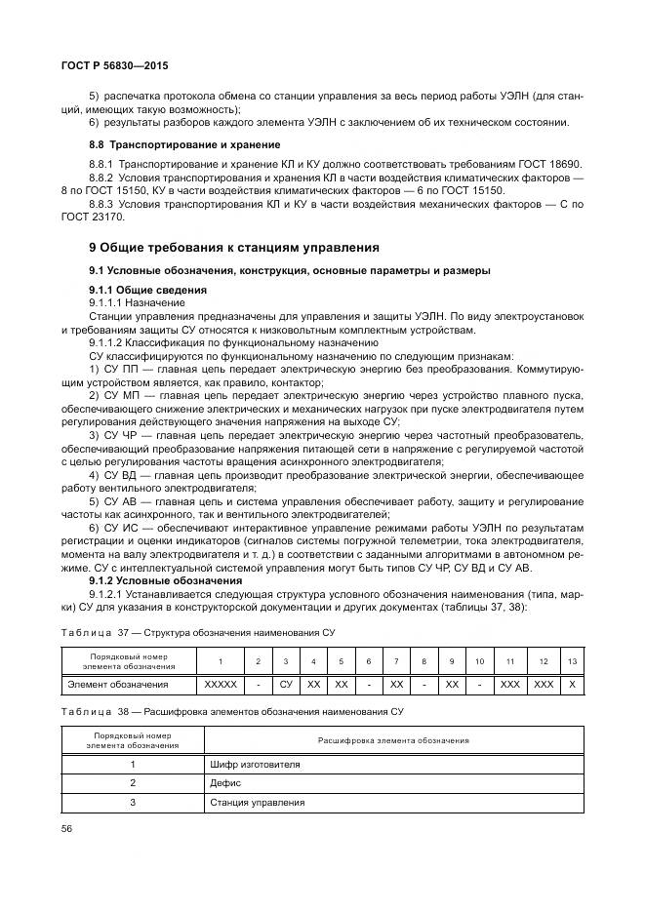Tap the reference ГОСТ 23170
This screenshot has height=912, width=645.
click(93, 218)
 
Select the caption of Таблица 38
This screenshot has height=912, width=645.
click(230, 712)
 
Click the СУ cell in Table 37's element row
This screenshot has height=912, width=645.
click(286, 686)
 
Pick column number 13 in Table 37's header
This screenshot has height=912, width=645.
click(572, 662)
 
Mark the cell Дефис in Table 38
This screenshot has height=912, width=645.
click(225, 783)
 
